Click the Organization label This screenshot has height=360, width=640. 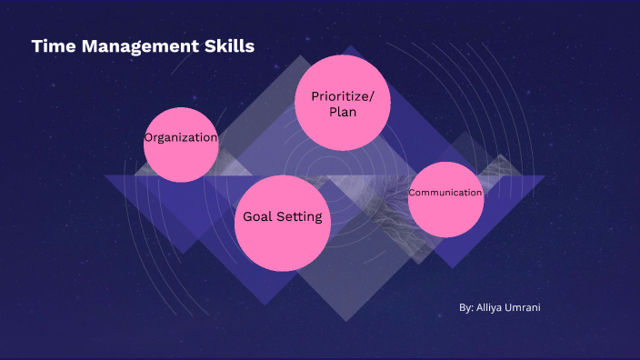pyautogui.click(x=181, y=138)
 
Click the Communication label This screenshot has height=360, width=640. pyautogui.click(x=445, y=193)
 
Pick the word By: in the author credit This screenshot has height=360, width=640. pyautogui.click(x=466, y=307)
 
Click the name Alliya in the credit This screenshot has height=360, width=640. pyautogui.click(x=492, y=307)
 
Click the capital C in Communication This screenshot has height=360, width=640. pyautogui.click(x=412, y=193)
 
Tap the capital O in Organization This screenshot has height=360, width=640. pyautogui.click(x=148, y=138)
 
